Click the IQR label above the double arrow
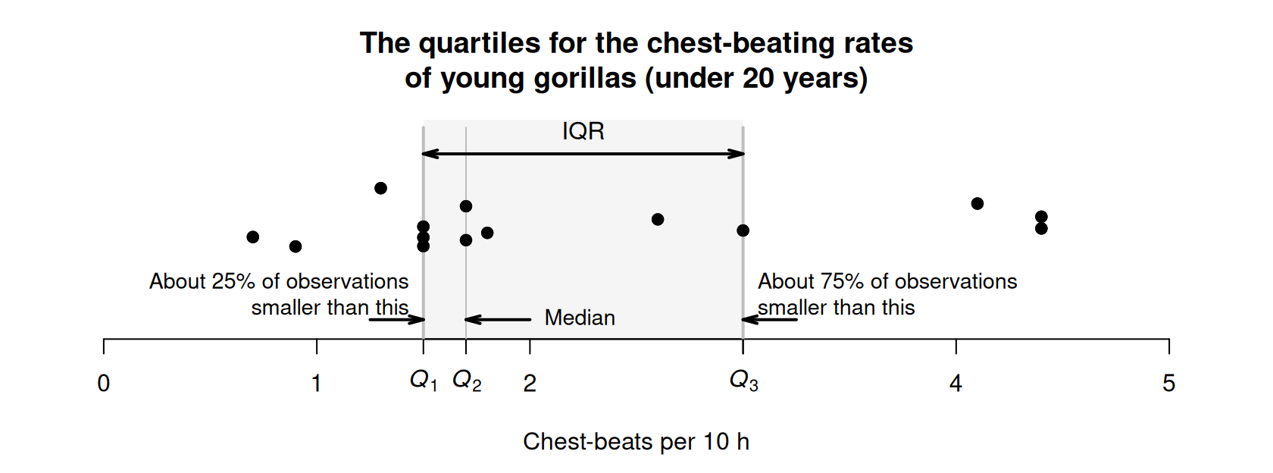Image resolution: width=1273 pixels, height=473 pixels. [x=583, y=132]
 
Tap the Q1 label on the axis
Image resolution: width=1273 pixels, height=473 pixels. [x=424, y=381]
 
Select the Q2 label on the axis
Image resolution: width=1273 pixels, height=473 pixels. [x=467, y=381]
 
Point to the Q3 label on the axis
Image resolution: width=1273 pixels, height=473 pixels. [x=743, y=381]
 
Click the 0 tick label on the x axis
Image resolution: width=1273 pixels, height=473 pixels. [x=104, y=384]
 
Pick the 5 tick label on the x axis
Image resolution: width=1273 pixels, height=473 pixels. [x=1168, y=384]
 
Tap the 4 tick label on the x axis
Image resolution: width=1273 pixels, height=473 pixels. [x=956, y=384]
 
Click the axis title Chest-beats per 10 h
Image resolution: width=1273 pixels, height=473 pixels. [x=636, y=442]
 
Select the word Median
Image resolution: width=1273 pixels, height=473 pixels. [x=580, y=318]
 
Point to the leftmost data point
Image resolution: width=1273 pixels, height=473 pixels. [x=253, y=237]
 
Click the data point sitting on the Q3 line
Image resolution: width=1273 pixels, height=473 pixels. [x=743, y=230]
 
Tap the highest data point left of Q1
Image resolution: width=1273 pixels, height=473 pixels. [x=381, y=188]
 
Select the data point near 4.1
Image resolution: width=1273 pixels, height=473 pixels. [x=977, y=203]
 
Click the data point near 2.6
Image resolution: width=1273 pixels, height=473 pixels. [x=658, y=220]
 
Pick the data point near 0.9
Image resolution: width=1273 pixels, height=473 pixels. [x=296, y=246]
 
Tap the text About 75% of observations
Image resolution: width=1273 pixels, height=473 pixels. [x=887, y=281]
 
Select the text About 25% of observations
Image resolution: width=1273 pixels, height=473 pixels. [x=279, y=281]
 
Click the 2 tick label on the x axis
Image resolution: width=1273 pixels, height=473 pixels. [x=530, y=384]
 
